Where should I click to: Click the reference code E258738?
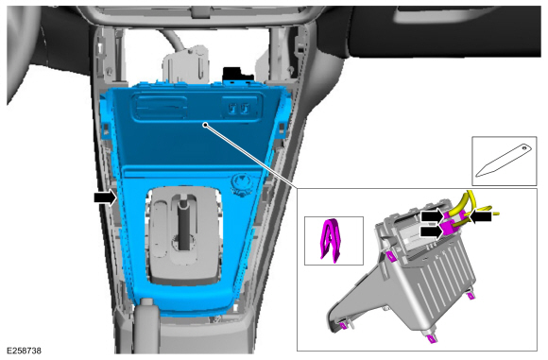(x=25, y=351)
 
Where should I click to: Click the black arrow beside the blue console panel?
(x=105, y=197)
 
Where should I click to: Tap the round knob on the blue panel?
(x=241, y=183)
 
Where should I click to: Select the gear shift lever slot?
(x=184, y=224)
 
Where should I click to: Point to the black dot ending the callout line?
(x=206, y=125)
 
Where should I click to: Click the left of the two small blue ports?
(x=232, y=108)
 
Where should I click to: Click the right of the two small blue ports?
(x=246, y=108)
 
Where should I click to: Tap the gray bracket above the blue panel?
(x=185, y=64)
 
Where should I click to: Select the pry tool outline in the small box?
(x=505, y=161)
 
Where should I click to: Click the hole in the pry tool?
(x=524, y=147)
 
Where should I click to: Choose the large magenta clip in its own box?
(x=331, y=240)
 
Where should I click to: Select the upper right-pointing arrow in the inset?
(x=434, y=216)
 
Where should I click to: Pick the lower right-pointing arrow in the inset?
(x=432, y=231)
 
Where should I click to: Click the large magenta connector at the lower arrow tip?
(x=448, y=229)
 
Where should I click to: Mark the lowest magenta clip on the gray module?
(x=431, y=338)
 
